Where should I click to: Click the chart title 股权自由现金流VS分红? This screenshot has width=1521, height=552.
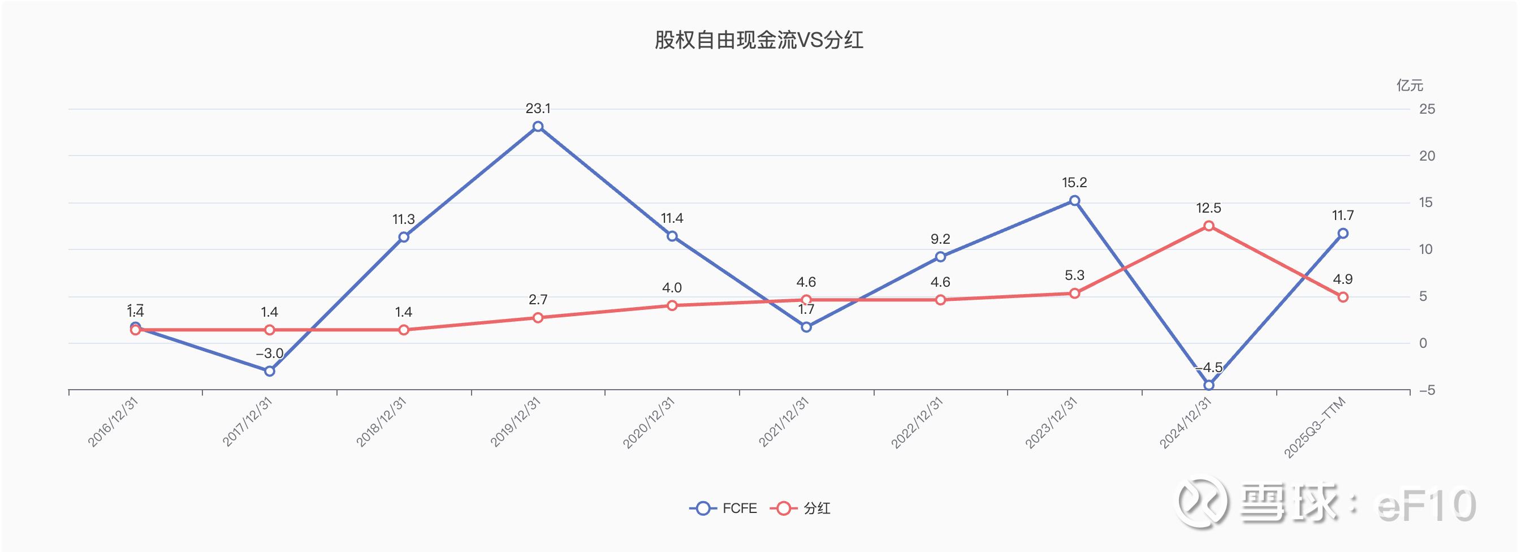(759, 40)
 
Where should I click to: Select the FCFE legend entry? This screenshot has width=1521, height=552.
(723, 508)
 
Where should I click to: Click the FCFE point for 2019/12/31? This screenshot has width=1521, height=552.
(538, 126)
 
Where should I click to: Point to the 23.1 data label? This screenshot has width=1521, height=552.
(538, 109)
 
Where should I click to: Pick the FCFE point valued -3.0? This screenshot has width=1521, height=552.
(269, 371)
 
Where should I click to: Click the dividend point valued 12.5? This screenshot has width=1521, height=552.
(1209, 226)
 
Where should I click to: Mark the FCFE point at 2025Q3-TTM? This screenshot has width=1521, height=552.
(1343, 233)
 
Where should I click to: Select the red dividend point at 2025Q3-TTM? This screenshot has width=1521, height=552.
(1343, 297)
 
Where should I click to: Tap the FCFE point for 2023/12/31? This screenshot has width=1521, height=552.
(1075, 201)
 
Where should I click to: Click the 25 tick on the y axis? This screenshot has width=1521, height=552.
(1427, 109)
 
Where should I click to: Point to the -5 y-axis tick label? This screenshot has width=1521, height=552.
(1427, 390)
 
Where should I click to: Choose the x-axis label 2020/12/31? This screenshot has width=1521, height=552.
(649, 422)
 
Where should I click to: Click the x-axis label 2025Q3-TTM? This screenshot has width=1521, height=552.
(1315, 426)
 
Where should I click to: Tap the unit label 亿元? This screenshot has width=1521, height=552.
(1410, 85)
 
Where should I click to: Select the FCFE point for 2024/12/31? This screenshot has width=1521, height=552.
(1209, 385)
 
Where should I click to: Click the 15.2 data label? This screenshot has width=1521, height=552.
(1075, 183)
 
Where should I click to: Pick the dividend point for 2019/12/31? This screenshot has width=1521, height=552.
(538, 318)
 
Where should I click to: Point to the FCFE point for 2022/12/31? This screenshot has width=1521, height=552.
(940, 257)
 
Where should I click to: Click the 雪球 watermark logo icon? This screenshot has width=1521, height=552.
(1203, 502)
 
